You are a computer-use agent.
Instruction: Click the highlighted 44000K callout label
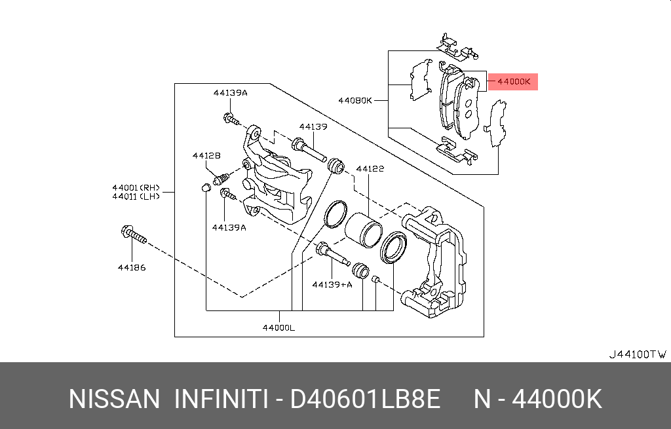coord(514,82)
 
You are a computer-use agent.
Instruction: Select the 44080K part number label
coord(355,100)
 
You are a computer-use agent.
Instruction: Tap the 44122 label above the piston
coord(370,168)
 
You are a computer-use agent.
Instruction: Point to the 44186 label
coord(132,268)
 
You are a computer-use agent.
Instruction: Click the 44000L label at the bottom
coord(278,328)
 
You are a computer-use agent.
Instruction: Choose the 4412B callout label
coord(206,156)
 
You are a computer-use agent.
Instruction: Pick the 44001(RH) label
coord(136,187)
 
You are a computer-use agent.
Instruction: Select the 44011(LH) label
coord(136,196)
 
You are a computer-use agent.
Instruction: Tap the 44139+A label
coord(332,284)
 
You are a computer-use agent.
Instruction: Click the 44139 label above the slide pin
coord(313,126)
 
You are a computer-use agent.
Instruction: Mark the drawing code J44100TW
coord(638,354)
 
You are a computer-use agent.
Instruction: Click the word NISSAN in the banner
coord(114,399)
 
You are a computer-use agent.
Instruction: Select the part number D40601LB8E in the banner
coord(366,399)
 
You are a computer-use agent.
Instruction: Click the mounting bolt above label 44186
coord(134,235)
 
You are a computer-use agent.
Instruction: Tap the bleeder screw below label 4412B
coord(221,177)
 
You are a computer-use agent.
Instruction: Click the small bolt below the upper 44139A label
coord(231,119)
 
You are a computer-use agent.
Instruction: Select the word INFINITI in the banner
coord(221,399)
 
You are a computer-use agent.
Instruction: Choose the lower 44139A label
coord(229,227)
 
